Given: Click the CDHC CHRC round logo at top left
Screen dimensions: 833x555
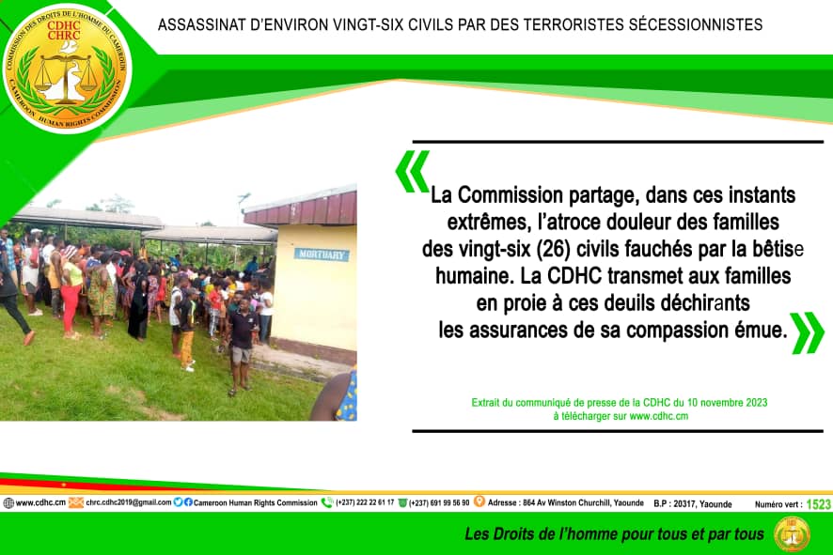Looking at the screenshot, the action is (x=67, y=68).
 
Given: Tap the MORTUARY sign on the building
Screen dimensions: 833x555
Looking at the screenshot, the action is (x=322, y=254).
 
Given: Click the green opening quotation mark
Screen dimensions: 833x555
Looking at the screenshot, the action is (x=412, y=171).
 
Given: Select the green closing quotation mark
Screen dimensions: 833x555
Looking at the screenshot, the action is (x=807, y=332).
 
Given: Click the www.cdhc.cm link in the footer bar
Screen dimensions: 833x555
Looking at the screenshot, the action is (x=41, y=502).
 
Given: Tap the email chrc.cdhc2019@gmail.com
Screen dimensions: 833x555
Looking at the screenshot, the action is (x=129, y=502).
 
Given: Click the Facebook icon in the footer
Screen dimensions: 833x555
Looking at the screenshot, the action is (x=188, y=501).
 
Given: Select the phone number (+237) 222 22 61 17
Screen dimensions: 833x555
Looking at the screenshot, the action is (x=365, y=502).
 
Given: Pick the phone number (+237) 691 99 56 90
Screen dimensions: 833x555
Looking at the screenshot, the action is (x=439, y=502).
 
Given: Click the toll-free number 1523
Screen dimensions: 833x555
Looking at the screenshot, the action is (x=818, y=504).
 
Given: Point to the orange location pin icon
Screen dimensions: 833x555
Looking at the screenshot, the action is (x=479, y=501).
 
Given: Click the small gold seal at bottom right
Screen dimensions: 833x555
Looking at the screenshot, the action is (x=792, y=533).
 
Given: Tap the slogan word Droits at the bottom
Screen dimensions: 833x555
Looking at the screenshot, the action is (x=514, y=533).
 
